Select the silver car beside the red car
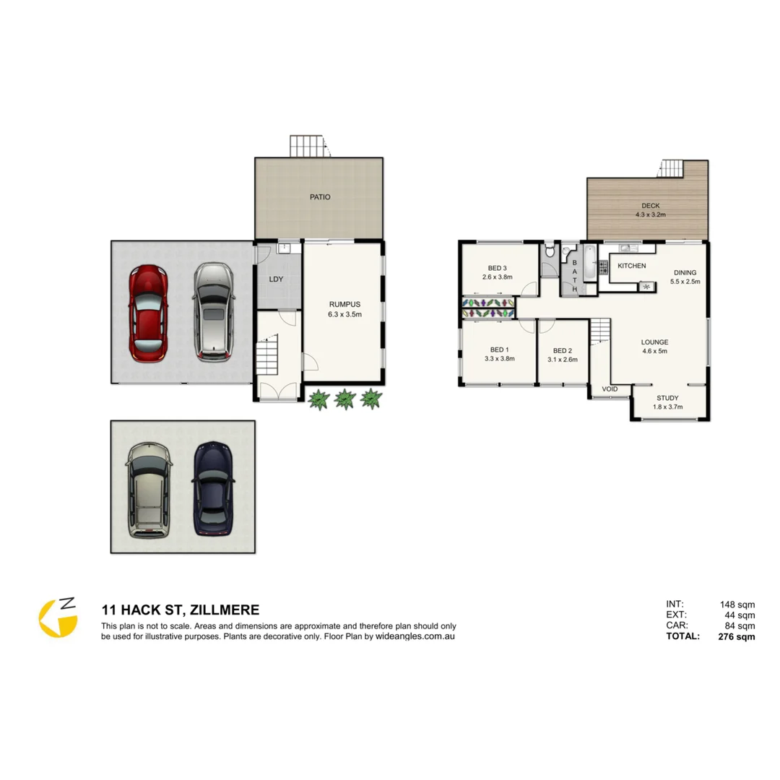click(x=213, y=311)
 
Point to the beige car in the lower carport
click(x=149, y=490)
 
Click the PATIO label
click(x=320, y=197)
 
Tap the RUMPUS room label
click(x=344, y=309)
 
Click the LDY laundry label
click(x=276, y=279)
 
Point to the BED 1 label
click(x=498, y=354)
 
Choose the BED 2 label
click(x=561, y=355)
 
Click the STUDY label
click(x=667, y=402)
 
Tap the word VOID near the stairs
click(x=610, y=389)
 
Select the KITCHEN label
click(x=631, y=266)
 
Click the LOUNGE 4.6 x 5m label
click(x=655, y=347)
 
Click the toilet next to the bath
click(x=550, y=253)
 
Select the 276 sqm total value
click(x=736, y=636)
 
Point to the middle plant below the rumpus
click(x=344, y=399)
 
